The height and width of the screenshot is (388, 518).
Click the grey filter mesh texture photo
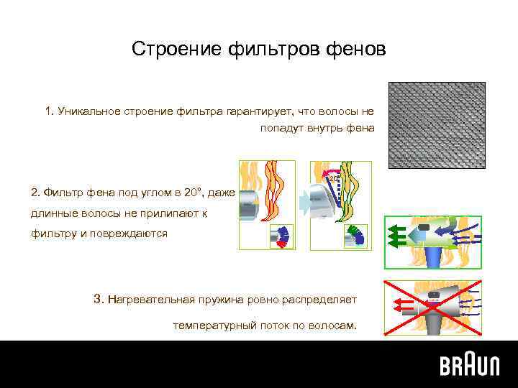(437, 125)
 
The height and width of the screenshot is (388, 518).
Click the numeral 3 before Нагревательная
(98, 298)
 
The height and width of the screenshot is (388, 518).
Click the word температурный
(210, 325)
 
